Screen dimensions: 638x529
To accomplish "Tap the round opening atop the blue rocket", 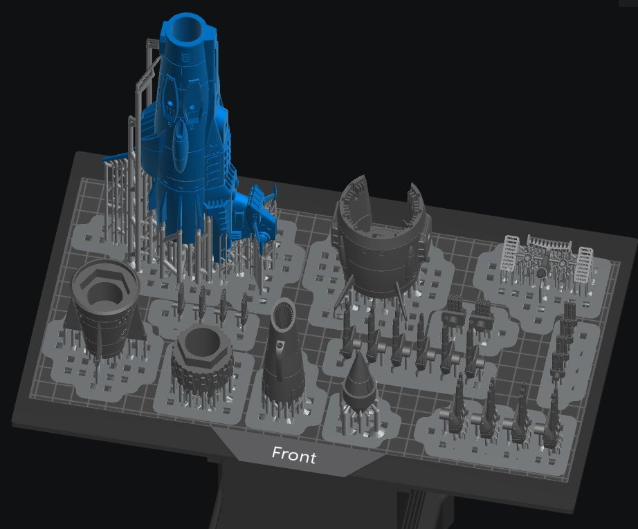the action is pyautogui.click(x=186, y=30).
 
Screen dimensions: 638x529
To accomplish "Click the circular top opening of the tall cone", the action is pyautogui.click(x=284, y=313).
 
